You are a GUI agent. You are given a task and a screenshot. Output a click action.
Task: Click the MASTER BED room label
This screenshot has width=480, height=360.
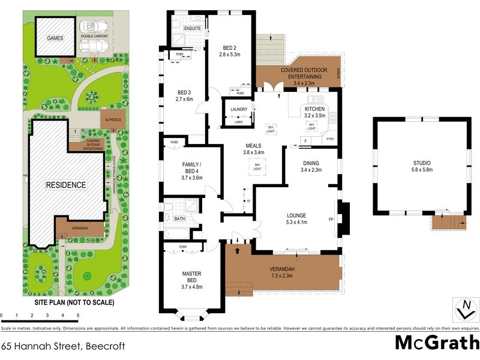[x=192, y=277]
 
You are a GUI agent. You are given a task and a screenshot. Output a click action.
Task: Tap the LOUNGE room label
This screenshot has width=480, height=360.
[x=296, y=215]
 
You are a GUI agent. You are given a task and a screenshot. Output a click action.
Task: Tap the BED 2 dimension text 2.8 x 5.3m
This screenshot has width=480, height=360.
[x=229, y=54]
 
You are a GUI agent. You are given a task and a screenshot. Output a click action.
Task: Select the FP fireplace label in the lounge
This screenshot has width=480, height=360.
[x=331, y=219]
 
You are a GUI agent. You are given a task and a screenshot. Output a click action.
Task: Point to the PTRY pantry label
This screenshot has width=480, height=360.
[x=330, y=139]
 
